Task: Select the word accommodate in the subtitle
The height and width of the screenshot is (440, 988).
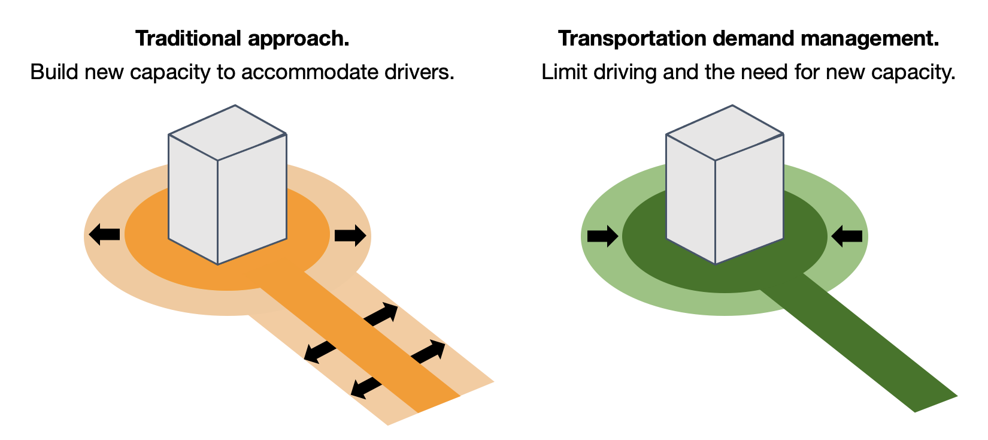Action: [x=310, y=72]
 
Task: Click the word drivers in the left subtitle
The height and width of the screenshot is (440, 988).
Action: [x=419, y=72]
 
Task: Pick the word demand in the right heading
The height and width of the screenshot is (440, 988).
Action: [x=753, y=38]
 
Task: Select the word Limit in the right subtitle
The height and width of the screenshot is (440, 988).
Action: [x=565, y=71]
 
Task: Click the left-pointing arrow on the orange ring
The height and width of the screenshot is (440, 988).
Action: [x=104, y=234]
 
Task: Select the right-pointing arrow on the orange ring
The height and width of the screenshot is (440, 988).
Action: [x=350, y=236]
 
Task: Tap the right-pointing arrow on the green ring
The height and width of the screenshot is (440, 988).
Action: [x=602, y=236]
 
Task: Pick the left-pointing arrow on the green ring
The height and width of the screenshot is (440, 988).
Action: [x=847, y=236]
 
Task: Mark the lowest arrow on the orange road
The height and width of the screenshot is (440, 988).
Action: [x=366, y=388]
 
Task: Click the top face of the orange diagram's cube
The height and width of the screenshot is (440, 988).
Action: [x=228, y=132]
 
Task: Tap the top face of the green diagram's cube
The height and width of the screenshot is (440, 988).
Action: [x=725, y=132]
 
